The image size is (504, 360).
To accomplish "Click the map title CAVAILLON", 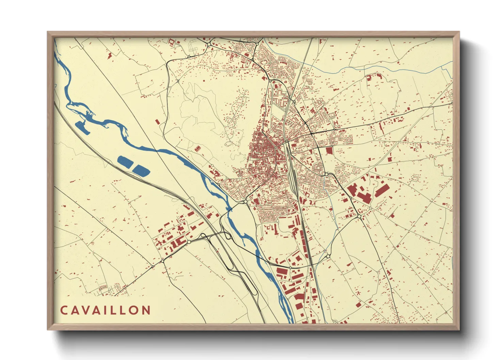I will coord(105,310).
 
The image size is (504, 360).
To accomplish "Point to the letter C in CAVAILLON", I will coord(64,310).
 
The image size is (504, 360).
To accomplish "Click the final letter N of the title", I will coord(146,310).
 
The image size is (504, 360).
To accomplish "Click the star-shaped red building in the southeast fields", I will coord(358,292).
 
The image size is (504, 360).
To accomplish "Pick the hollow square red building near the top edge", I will coord(172,42).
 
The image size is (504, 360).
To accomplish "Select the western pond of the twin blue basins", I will coord(125,162).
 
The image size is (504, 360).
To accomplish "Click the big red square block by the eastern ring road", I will coord(329,150).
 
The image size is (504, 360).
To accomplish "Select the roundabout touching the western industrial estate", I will coord(189,242).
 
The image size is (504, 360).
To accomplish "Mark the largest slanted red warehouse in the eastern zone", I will coord(382,191).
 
